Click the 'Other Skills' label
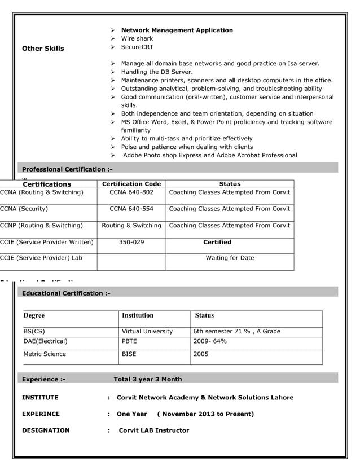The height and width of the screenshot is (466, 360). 43,49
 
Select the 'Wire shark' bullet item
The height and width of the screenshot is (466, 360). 137,39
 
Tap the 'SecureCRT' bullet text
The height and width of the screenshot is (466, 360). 137,47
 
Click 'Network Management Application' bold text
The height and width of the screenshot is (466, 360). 177,30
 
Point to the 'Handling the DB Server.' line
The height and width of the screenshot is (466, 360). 156,72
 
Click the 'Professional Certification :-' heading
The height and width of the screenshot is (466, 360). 67,169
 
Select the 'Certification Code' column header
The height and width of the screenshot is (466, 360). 131,184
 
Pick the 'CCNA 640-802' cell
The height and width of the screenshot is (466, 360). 131,192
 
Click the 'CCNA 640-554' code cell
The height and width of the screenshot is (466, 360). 131,209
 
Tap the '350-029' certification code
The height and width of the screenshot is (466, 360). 131,242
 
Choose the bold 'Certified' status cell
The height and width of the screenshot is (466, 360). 217,242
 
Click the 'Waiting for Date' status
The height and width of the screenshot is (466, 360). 230,258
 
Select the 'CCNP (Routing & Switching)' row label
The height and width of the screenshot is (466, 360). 42,226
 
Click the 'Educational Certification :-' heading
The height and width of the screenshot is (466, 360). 66,293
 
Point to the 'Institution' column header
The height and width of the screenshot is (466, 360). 138,315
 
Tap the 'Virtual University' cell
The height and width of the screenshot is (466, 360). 147,331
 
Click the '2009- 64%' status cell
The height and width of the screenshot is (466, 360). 210,341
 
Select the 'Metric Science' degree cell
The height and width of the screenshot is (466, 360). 45,354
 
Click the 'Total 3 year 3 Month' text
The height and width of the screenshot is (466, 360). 148,379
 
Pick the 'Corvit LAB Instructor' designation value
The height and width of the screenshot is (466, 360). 153,430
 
